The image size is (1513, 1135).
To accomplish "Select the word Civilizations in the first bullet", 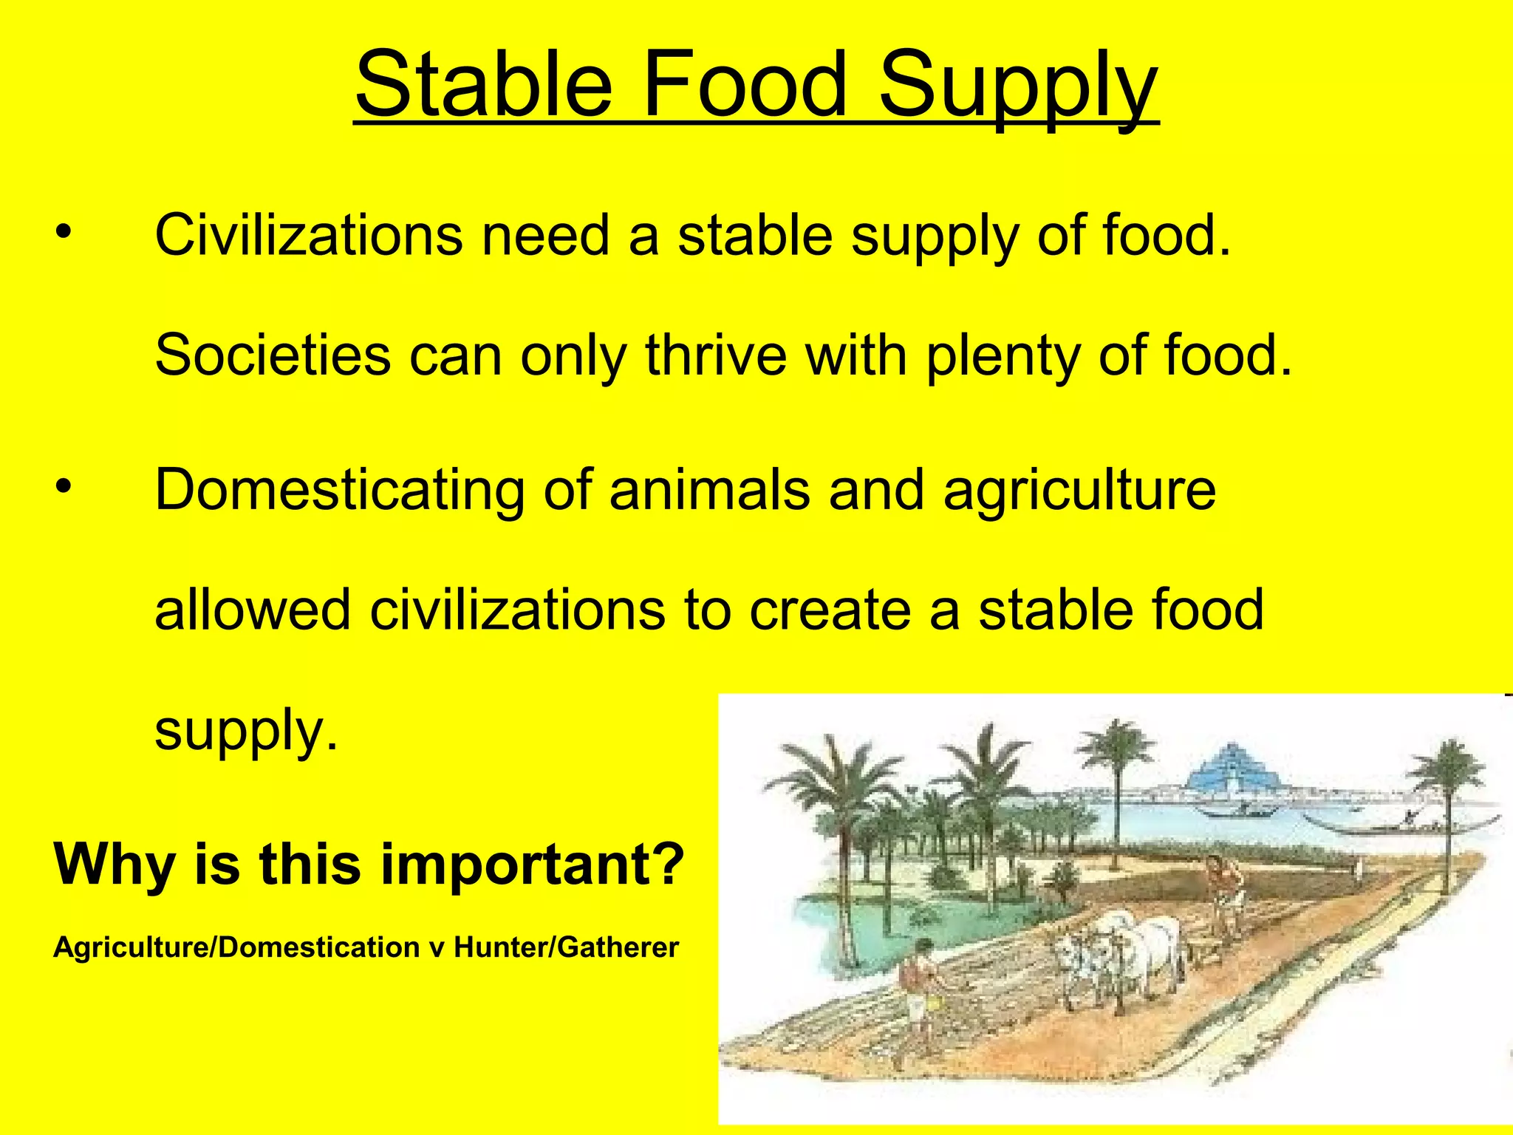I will coord(308,235).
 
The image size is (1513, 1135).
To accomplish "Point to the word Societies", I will coord(272,355).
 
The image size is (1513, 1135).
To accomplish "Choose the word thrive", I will coord(715,355).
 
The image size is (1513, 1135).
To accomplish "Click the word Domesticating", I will coord(338,491).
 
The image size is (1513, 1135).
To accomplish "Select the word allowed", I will coord(252,610).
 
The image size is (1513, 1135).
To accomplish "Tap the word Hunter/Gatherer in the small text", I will coord(566,947).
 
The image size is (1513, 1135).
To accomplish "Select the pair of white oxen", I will coord(1123,953).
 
